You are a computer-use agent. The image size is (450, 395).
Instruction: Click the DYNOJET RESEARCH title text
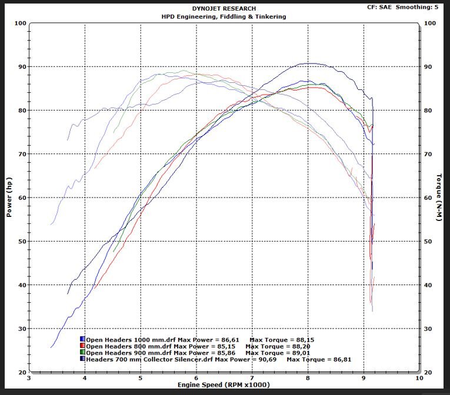coord(224,9)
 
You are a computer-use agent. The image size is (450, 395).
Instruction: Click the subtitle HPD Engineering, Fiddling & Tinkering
coord(224,16)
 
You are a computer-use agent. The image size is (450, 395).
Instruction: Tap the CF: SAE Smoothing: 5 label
coord(406,8)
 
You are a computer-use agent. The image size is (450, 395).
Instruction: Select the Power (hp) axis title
coord(9,198)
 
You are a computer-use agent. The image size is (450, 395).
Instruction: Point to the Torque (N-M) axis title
coord(439,198)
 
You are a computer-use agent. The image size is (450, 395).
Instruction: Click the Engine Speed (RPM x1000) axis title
coord(224,385)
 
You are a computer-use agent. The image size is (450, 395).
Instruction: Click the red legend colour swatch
coord(83,346)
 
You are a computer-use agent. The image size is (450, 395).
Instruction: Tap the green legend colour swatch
coord(83,353)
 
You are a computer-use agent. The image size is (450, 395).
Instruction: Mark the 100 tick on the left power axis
coord(19,24)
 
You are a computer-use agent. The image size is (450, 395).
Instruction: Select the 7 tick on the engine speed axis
coord(252,379)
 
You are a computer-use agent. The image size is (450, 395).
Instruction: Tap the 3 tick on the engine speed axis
coord(29,379)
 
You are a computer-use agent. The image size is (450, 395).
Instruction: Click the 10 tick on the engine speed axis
coord(418,379)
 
